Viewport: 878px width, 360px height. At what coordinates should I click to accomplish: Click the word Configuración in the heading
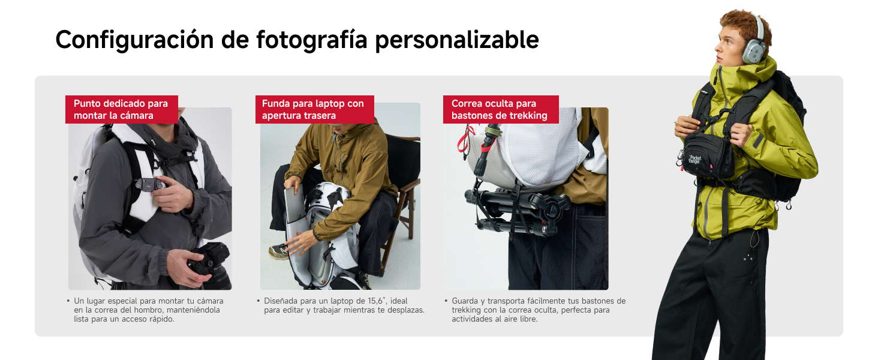pos(134,40)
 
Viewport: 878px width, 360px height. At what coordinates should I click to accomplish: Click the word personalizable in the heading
pos(457,40)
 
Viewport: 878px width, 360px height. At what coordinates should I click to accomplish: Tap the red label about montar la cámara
pos(122,109)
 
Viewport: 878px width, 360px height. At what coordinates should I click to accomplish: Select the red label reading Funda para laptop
pos(315,109)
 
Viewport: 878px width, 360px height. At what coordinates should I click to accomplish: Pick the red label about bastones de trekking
pos(501,109)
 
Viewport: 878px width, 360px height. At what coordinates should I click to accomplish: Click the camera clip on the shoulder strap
pos(149,184)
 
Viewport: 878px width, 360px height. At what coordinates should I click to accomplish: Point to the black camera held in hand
pos(210,265)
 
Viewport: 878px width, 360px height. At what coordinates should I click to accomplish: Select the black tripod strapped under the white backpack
pos(518,211)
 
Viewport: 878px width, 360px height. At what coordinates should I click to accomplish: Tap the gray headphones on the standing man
pos(754,46)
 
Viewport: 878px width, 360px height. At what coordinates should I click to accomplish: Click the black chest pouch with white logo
pos(708,155)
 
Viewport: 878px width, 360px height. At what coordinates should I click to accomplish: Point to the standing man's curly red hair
pos(745,25)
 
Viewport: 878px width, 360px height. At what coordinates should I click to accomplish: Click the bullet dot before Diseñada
pos(258,301)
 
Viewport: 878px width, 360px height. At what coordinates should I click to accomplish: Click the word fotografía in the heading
pos(311,40)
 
